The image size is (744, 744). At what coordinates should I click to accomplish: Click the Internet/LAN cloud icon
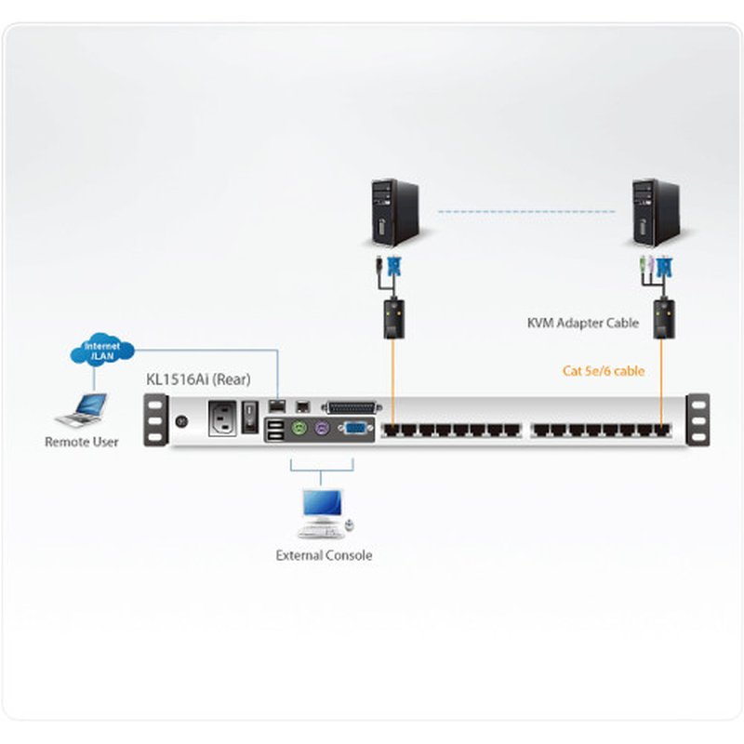pos(101,352)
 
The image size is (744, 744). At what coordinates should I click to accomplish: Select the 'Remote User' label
pos(82,442)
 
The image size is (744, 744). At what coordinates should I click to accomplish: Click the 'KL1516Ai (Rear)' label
pos(198,379)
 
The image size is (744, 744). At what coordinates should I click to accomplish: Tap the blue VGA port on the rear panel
pos(355,429)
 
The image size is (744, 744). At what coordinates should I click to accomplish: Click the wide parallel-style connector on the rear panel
pos(352,406)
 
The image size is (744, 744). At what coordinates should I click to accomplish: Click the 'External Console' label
pos(324,555)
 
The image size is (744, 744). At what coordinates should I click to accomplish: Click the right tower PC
pos(654,212)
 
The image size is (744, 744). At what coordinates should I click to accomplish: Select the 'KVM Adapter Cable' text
pos(582,324)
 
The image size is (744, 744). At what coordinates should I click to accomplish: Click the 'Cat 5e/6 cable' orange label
pos(604,371)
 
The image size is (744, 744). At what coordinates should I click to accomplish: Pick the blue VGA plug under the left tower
pos(395,270)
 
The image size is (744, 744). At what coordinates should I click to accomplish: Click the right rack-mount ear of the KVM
pos(698,419)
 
